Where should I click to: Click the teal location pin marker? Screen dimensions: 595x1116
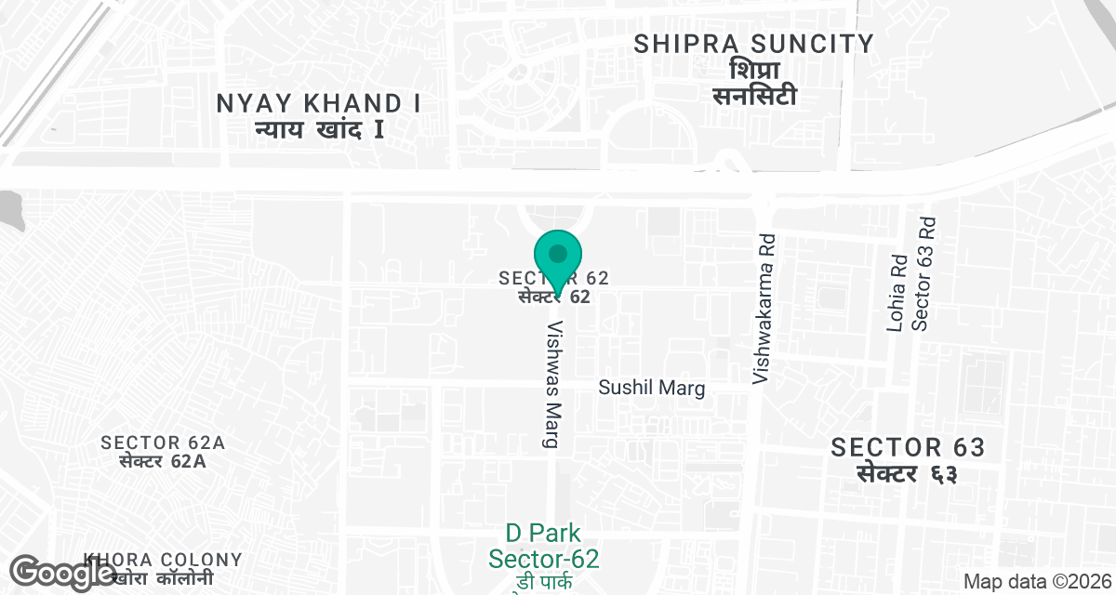(x=558, y=257)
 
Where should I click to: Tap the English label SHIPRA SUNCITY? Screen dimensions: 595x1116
(x=753, y=44)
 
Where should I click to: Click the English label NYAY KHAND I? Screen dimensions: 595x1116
(x=319, y=103)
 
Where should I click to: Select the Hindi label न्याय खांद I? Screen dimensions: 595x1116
(x=319, y=129)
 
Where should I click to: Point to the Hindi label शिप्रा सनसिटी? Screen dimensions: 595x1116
(x=753, y=83)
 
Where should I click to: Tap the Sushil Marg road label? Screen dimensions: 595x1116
(x=652, y=389)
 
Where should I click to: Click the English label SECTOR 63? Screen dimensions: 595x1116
(x=908, y=447)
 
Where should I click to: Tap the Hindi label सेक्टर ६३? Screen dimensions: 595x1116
(x=908, y=473)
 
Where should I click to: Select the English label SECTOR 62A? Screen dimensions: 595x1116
(x=164, y=443)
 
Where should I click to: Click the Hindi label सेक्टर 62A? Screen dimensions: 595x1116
(x=164, y=460)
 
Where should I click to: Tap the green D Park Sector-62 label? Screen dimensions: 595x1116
(x=544, y=547)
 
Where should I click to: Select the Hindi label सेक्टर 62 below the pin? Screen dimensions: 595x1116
(x=555, y=297)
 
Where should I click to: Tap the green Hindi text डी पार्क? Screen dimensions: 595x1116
(x=544, y=584)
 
